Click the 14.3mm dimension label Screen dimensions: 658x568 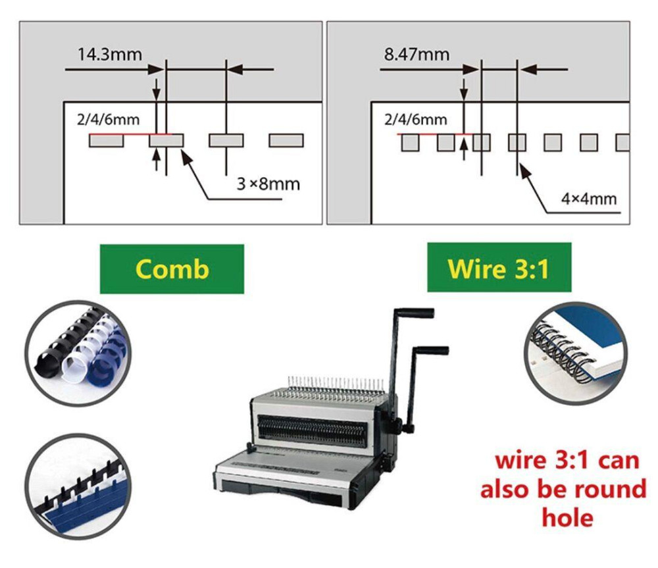(x=109, y=55)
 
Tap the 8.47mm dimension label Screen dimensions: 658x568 (x=417, y=55)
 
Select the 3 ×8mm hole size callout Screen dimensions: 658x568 (x=268, y=184)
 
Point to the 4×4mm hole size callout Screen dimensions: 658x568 (x=589, y=199)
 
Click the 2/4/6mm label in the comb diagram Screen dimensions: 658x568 (x=109, y=120)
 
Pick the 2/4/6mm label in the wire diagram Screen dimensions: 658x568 (x=415, y=120)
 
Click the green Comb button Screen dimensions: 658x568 (x=172, y=269)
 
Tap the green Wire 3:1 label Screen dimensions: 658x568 (x=499, y=267)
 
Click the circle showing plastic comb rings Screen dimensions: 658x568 (x=78, y=353)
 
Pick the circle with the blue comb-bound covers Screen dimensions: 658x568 (x=78, y=487)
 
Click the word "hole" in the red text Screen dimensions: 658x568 (x=567, y=517)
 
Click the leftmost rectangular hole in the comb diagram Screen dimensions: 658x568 (x=106, y=141)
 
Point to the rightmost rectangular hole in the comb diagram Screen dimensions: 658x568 (x=286, y=141)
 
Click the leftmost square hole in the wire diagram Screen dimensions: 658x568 (x=411, y=142)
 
